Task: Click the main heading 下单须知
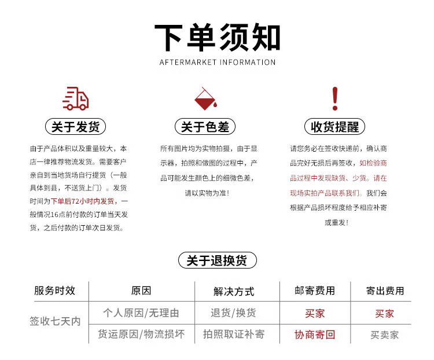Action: coord(217,38)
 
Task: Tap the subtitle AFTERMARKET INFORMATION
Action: coord(217,62)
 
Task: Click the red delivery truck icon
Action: coord(75,99)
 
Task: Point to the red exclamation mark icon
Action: coord(334,99)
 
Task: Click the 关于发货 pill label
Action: coord(75,127)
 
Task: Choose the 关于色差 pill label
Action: coord(205,127)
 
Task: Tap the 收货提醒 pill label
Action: coord(334,127)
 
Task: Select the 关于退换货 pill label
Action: coord(217,260)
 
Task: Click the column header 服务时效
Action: coord(54,291)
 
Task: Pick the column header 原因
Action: coord(141,291)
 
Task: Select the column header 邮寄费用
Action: coord(315,291)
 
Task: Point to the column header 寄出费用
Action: coord(385,291)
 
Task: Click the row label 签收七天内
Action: coord(55,321)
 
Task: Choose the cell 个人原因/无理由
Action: coord(141,313)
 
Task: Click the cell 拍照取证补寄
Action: coord(234,334)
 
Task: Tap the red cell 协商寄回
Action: coord(315,335)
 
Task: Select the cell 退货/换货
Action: coord(234,313)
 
